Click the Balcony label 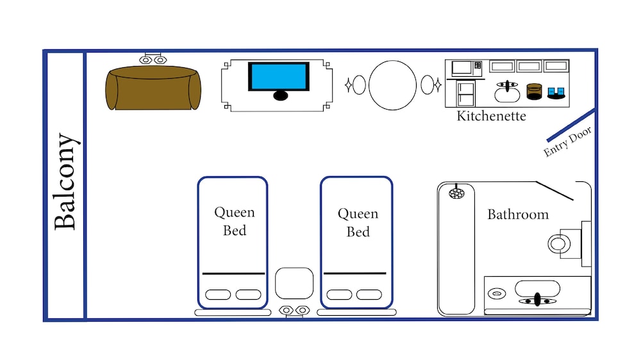point(65,181)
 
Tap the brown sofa point(153,88)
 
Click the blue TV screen point(279,76)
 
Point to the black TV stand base point(281,96)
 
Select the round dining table point(392,85)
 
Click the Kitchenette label point(491,116)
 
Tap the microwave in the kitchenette point(466,69)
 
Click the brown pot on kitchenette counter point(534,92)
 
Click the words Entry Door point(567,142)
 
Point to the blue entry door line point(570,125)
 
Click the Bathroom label point(518,215)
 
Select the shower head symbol point(456,192)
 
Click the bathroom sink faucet point(537,300)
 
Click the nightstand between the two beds point(294,283)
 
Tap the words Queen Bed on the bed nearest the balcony point(235,221)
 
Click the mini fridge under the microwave point(465,94)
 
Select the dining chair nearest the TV point(358,85)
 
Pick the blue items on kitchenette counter point(556,93)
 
